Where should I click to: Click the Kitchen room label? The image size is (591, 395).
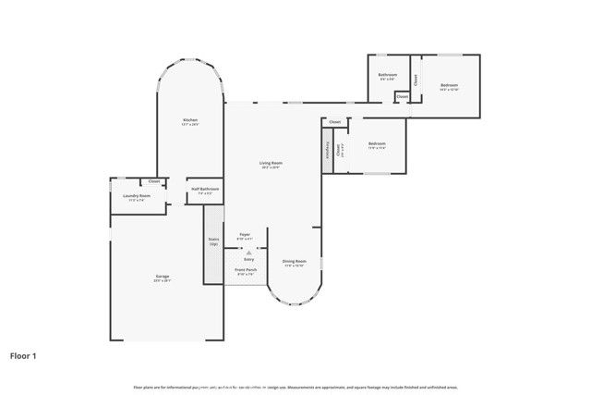[190, 120]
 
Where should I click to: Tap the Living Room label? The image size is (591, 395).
[271, 163]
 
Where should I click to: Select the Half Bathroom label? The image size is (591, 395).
[205, 189]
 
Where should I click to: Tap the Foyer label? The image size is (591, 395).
[245, 235]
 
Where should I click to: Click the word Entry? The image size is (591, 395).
[248, 260]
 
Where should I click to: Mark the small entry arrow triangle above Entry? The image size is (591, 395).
[248, 252]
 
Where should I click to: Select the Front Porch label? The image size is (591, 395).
[246, 270]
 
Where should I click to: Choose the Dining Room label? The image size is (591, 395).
[295, 261]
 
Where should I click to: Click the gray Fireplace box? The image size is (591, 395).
[327, 150]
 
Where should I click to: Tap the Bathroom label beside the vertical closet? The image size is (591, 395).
[388, 74]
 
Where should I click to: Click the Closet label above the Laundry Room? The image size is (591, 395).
[154, 181]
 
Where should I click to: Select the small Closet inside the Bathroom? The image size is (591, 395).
[402, 96]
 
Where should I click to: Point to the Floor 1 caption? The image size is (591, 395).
[23, 354]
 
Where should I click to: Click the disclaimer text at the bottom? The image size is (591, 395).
[295, 387]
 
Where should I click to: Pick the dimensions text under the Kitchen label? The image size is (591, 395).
[190, 125]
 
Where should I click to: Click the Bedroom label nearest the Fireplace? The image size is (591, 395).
[377, 143]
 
